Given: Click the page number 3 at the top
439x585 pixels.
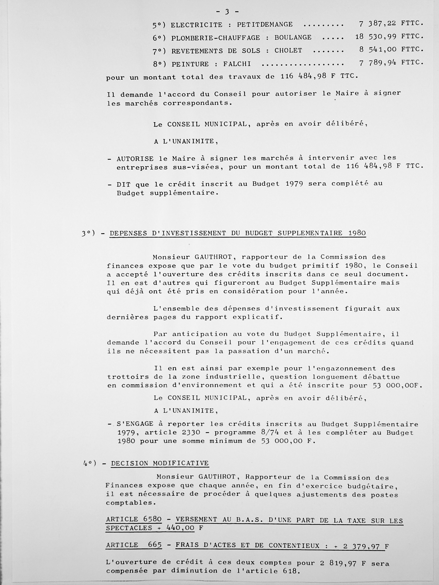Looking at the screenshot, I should [227, 12].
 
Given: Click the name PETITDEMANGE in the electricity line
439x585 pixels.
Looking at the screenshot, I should [265, 25].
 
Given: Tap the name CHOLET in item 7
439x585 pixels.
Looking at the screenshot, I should [288, 51].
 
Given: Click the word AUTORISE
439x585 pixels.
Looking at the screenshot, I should [135, 159].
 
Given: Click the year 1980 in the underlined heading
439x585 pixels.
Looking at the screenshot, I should [357, 233].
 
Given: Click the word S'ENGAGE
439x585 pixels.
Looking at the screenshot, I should [135, 424].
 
